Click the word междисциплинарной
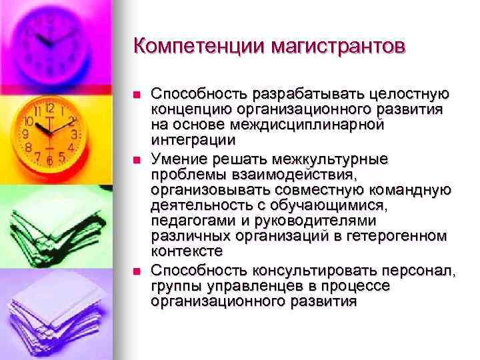click(x=298, y=124)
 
